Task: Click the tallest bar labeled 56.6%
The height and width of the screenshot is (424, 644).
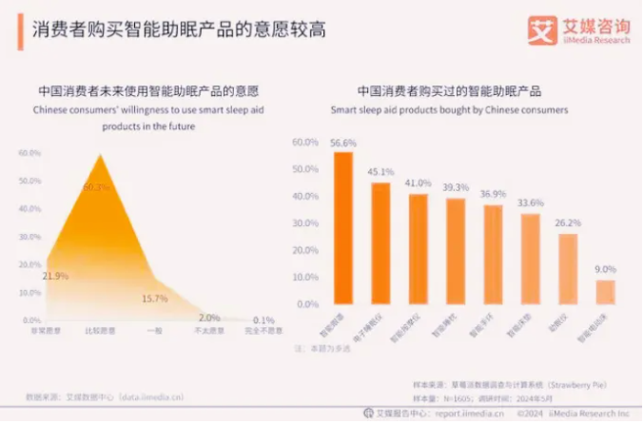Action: coord(342,228)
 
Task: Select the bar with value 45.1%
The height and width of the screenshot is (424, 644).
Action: coord(381,243)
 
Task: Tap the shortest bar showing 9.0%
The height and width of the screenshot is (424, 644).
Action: coord(604,292)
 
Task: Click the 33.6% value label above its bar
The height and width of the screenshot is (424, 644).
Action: coord(530,202)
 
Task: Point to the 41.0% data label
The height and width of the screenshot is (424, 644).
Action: coord(418,183)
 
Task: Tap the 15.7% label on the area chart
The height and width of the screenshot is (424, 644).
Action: coord(153,299)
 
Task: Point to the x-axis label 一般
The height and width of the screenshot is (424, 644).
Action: coord(153,331)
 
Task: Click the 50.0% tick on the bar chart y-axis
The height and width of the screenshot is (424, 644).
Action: coord(305,169)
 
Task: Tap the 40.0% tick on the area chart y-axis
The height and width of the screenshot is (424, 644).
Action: coord(29,209)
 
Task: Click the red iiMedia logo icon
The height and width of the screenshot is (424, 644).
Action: coord(541,29)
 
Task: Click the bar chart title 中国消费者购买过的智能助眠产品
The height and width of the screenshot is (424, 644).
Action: coord(449,92)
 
